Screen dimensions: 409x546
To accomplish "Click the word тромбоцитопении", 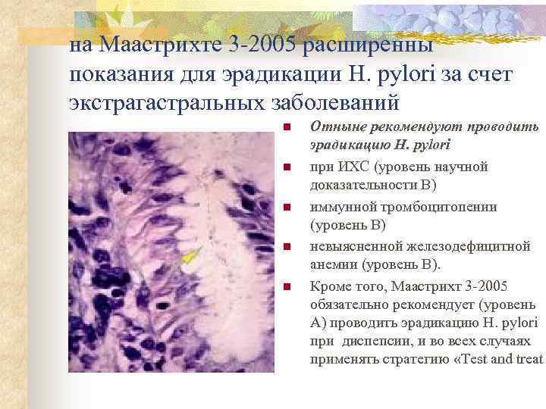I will pyautogui.click(x=433, y=206).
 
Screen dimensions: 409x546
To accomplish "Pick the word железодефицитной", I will pyautogui.click(x=454, y=245).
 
